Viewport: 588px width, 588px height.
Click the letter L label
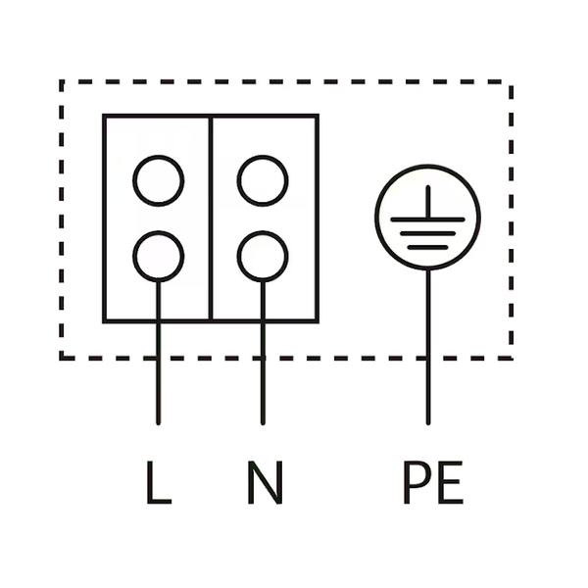159,482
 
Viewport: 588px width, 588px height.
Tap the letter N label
265,482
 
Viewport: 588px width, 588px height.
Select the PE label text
433,482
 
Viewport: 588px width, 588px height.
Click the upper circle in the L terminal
158,180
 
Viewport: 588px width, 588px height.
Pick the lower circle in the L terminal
158,257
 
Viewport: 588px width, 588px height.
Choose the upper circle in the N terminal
263,180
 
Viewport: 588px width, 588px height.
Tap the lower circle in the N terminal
263,257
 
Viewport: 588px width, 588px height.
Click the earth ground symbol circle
428,218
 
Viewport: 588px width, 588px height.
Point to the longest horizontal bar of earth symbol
428,220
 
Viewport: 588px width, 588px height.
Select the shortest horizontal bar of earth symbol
428,247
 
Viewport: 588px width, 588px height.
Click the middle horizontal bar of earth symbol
428,233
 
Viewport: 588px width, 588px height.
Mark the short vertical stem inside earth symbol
428,202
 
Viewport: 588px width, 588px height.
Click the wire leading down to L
158,353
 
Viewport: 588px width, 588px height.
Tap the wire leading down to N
263,353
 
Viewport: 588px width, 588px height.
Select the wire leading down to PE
428,347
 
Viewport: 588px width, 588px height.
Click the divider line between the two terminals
211,219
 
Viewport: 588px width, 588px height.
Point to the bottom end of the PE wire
428,424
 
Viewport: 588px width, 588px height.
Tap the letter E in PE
451,482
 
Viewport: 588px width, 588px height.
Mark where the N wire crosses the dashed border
263,358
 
